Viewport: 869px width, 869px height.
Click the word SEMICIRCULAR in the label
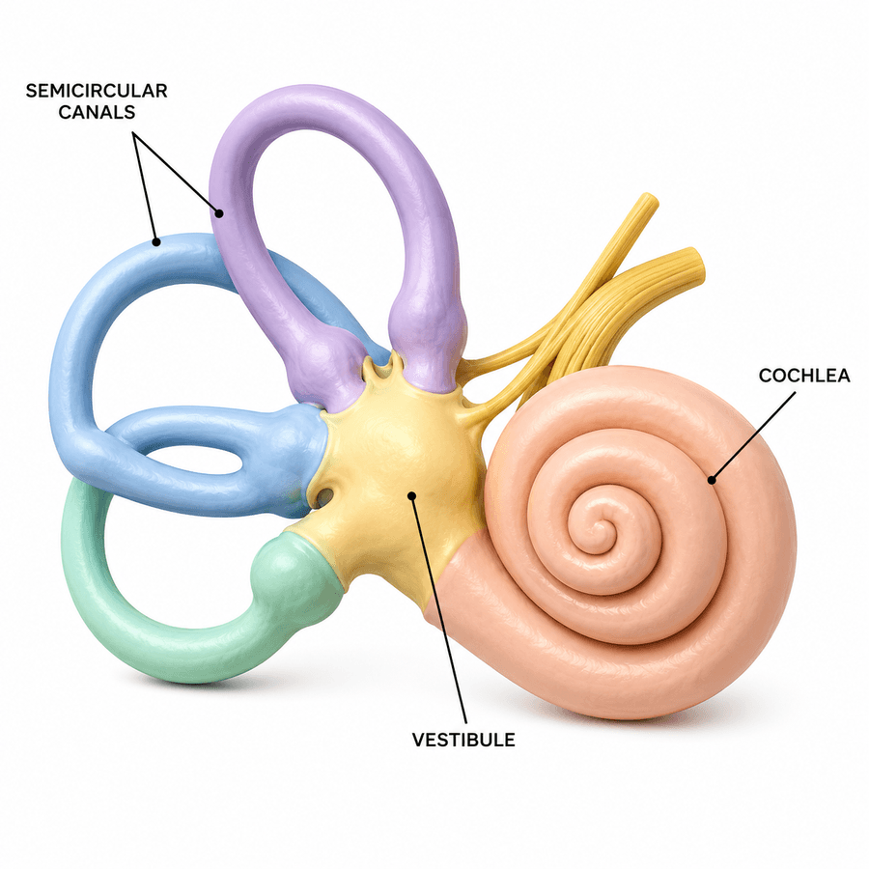(x=97, y=91)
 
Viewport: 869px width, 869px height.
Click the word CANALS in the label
(x=97, y=112)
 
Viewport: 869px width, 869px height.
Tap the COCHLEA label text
(x=804, y=376)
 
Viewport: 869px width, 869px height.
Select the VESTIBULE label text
(x=463, y=740)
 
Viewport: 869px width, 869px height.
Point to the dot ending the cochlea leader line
(x=712, y=480)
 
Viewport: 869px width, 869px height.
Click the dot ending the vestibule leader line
(x=411, y=495)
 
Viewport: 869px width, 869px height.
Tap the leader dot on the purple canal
(x=219, y=212)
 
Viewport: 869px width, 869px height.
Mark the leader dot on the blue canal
(x=156, y=241)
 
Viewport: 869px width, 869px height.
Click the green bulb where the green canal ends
(x=294, y=571)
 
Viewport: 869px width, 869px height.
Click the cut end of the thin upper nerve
(x=649, y=201)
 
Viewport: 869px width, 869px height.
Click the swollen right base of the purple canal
(x=426, y=338)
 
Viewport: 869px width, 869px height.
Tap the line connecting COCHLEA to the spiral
(x=753, y=436)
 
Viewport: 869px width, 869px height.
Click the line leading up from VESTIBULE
(x=439, y=609)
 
